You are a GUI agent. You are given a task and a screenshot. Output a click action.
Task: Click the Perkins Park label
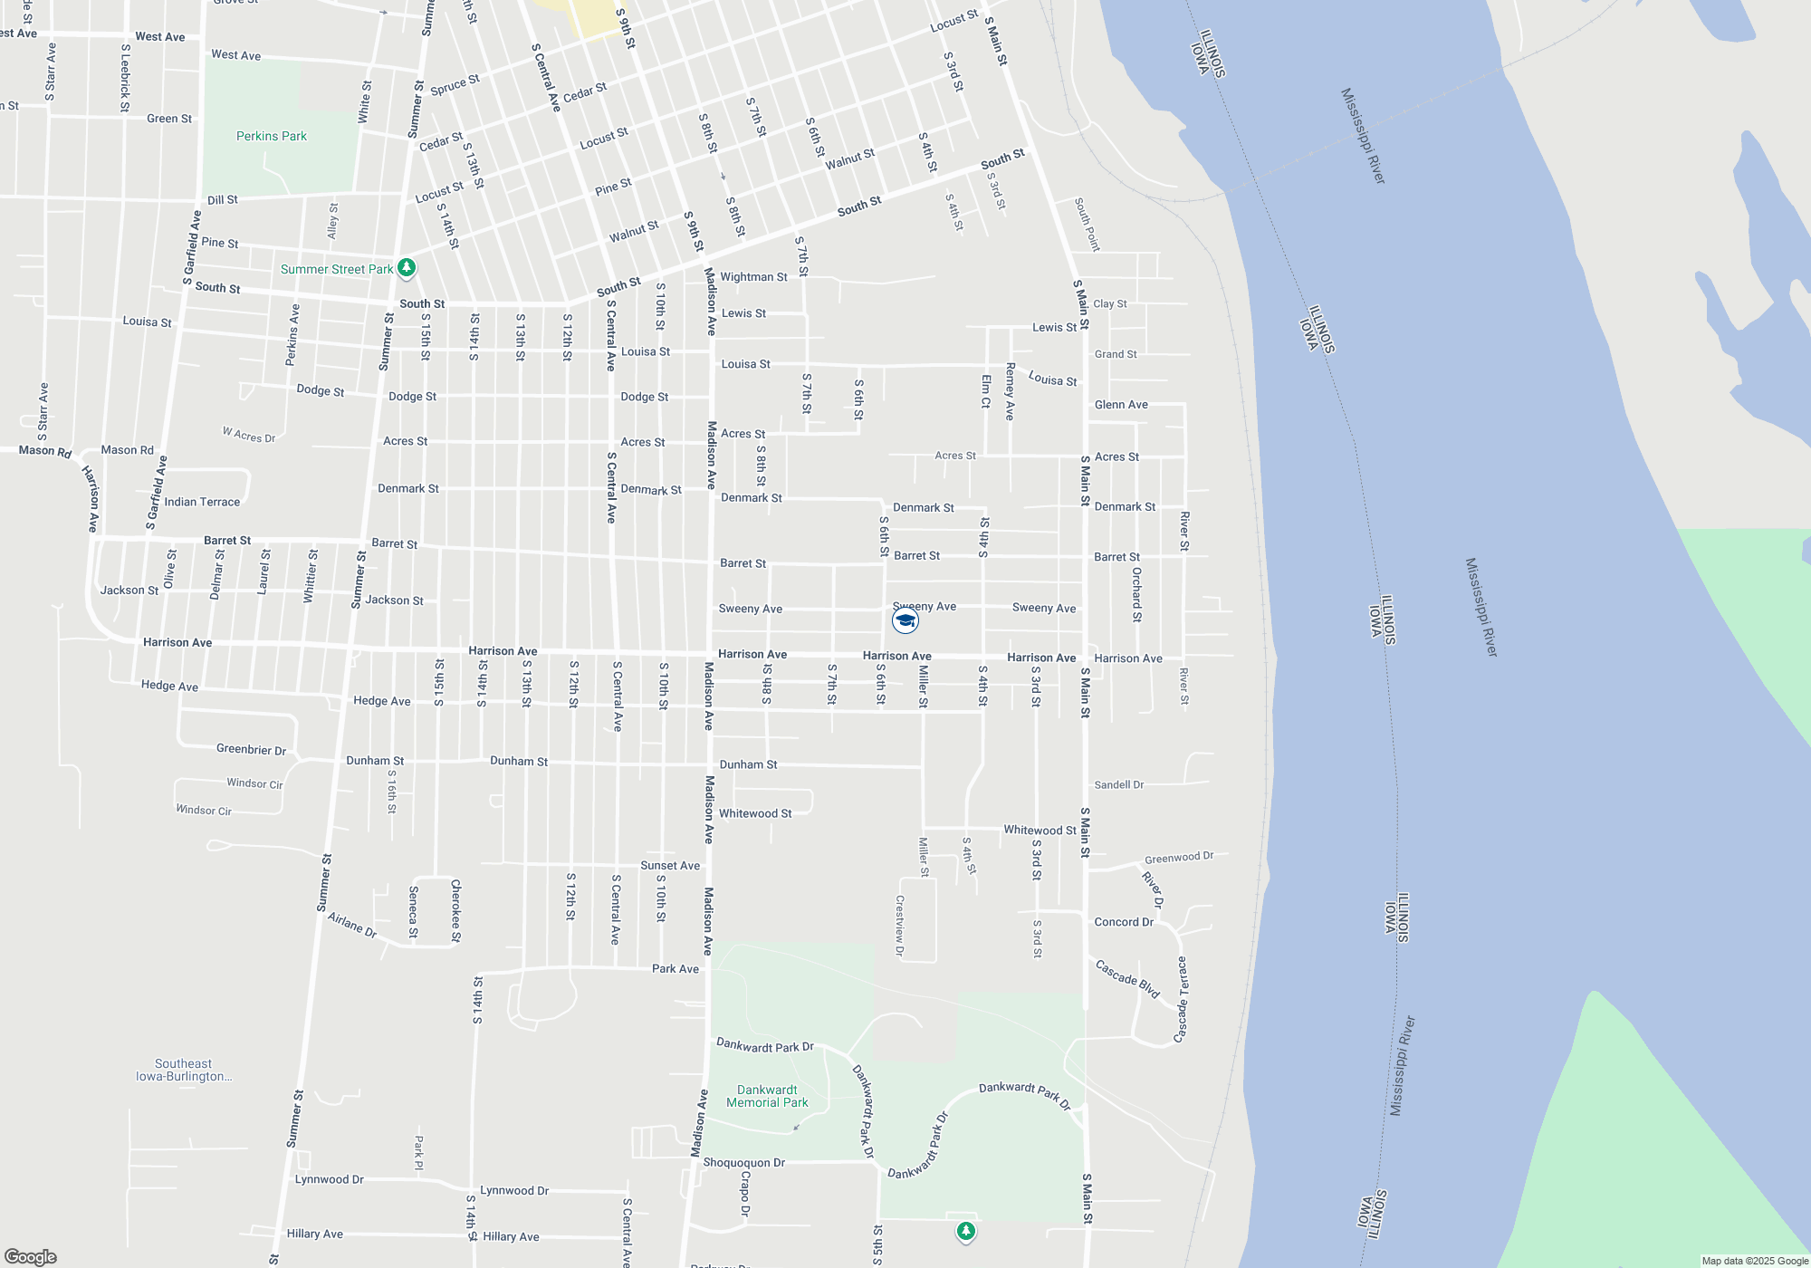[x=271, y=136]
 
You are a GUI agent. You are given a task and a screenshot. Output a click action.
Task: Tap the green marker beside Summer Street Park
[x=407, y=267]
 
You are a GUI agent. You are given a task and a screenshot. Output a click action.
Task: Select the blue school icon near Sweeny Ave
[x=905, y=620]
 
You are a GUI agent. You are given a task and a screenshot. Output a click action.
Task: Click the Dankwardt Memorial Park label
[x=767, y=1096]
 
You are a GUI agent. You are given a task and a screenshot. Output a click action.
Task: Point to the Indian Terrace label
[x=202, y=502]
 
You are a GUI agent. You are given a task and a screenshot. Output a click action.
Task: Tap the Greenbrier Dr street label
[x=251, y=749]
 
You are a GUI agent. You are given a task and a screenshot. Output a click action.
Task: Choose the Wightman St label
[x=753, y=277]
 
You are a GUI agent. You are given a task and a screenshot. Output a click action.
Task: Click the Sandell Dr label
[x=1118, y=784]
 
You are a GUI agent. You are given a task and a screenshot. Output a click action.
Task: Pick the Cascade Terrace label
[x=1181, y=999]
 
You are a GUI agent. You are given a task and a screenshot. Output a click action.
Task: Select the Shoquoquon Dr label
[x=743, y=1162]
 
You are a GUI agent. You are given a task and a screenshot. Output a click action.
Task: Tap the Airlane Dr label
[x=352, y=925]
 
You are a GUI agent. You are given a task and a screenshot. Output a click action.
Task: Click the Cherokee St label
[x=455, y=910]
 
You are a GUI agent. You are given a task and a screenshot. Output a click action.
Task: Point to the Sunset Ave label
[x=670, y=865]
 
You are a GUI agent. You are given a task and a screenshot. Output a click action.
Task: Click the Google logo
[x=31, y=1257]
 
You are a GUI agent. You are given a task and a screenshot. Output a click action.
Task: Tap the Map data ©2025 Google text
[x=1754, y=1261]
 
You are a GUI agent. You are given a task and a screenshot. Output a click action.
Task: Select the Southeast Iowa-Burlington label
[x=184, y=1070]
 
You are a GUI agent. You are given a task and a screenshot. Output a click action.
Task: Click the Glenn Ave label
[x=1121, y=405]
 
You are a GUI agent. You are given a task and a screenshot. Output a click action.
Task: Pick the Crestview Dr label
[x=899, y=926]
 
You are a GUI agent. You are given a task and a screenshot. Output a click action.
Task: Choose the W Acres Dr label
[x=249, y=435]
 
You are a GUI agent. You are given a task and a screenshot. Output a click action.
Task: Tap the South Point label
[x=1087, y=225]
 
